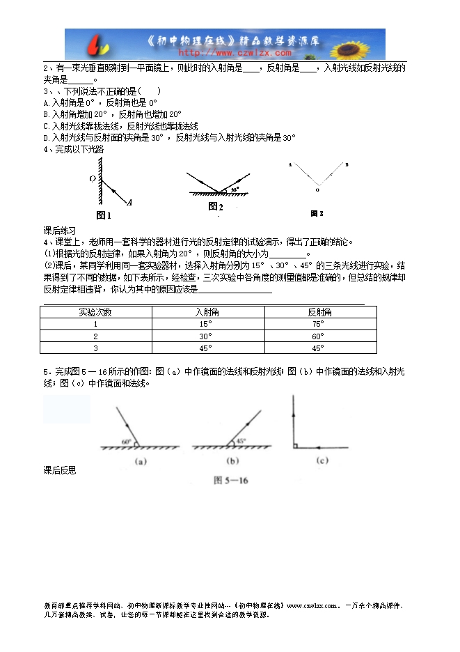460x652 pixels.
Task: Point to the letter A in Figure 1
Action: (x=129, y=202)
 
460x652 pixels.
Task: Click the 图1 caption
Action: (x=103, y=215)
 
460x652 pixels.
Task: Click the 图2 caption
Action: (x=216, y=207)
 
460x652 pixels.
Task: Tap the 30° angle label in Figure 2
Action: (x=235, y=189)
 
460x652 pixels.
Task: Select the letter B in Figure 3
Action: (x=347, y=165)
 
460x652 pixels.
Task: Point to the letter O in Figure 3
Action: (x=317, y=189)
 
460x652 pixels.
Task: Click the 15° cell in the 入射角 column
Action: (x=205, y=324)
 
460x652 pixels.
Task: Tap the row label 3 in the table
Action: (x=95, y=348)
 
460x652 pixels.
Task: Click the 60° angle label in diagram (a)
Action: (x=126, y=442)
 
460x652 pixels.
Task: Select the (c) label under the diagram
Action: (x=322, y=460)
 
